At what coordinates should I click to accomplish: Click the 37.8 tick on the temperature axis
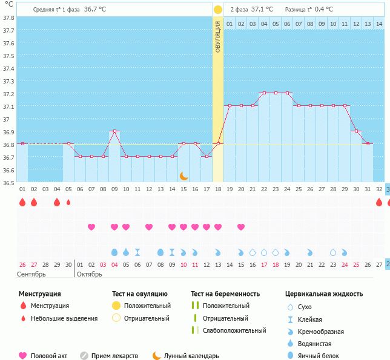click(x=7, y=18)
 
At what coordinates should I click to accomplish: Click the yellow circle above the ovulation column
click(x=218, y=10)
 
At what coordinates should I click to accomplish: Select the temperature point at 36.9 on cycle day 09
click(x=114, y=131)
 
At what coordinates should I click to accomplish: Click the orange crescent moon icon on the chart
click(x=184, y=176)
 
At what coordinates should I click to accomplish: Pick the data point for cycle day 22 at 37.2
click(x=264, y=93)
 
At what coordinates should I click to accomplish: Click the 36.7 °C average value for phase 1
click(x=94, y=10)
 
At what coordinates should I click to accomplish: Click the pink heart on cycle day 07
click(x=91, y=227)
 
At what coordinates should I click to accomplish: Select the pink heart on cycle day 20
click(x=241, y=227)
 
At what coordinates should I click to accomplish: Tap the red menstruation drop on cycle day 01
click(x=22, y=203)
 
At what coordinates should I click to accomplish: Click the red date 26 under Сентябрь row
click(x=22, y=264)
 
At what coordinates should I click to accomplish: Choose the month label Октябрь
click(x=90, y=274)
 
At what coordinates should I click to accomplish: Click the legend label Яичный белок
click(x=323, y=356)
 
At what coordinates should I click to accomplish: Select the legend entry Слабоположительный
click(x=234, y=330)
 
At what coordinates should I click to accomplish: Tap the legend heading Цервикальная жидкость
click(x=324, y=293)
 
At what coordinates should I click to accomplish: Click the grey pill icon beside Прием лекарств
click(x=84, y=356)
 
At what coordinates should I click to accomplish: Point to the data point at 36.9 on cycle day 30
click(x=356, y=131)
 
